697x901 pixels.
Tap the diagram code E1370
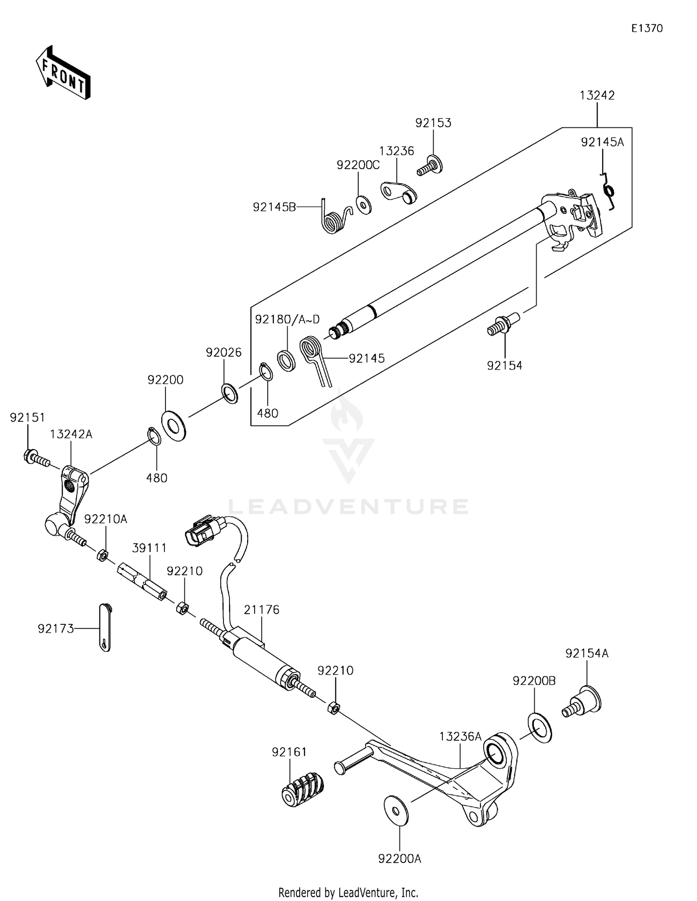tap(647, 28)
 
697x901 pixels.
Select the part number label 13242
tap(597, 95)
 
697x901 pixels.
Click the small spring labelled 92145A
tap(609, 190)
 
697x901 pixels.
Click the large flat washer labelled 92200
tap(173, 425)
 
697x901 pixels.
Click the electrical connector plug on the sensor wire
tap(201, 530)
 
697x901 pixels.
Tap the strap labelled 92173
tap(105, 628)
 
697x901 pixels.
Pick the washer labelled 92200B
tap(539, 727)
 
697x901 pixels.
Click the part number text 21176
tap(262, 609)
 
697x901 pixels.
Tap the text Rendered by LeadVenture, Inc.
tap(348, 892)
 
